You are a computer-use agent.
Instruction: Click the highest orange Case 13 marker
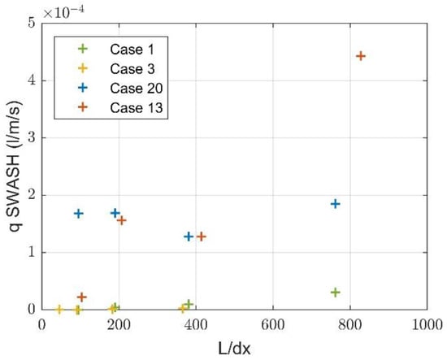pos(361,56)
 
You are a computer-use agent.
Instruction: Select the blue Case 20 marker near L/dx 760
pos(335,204)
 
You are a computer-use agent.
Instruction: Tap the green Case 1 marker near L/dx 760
pos(335,292)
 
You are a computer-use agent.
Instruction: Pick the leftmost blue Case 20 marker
pos(79,214)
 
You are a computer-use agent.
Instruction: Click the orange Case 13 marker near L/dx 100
pos(81,297)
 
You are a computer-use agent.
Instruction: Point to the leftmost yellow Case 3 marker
pos(59,309)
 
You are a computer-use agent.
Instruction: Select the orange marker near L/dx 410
pos(202,236)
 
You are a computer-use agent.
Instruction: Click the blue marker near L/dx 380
pos(189,236)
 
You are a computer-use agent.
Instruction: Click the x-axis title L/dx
pos(234,347)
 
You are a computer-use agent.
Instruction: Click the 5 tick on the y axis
pos(30,24)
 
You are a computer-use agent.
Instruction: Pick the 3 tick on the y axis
pos(30,138)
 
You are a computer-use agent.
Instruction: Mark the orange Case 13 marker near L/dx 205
pos(122,220)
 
